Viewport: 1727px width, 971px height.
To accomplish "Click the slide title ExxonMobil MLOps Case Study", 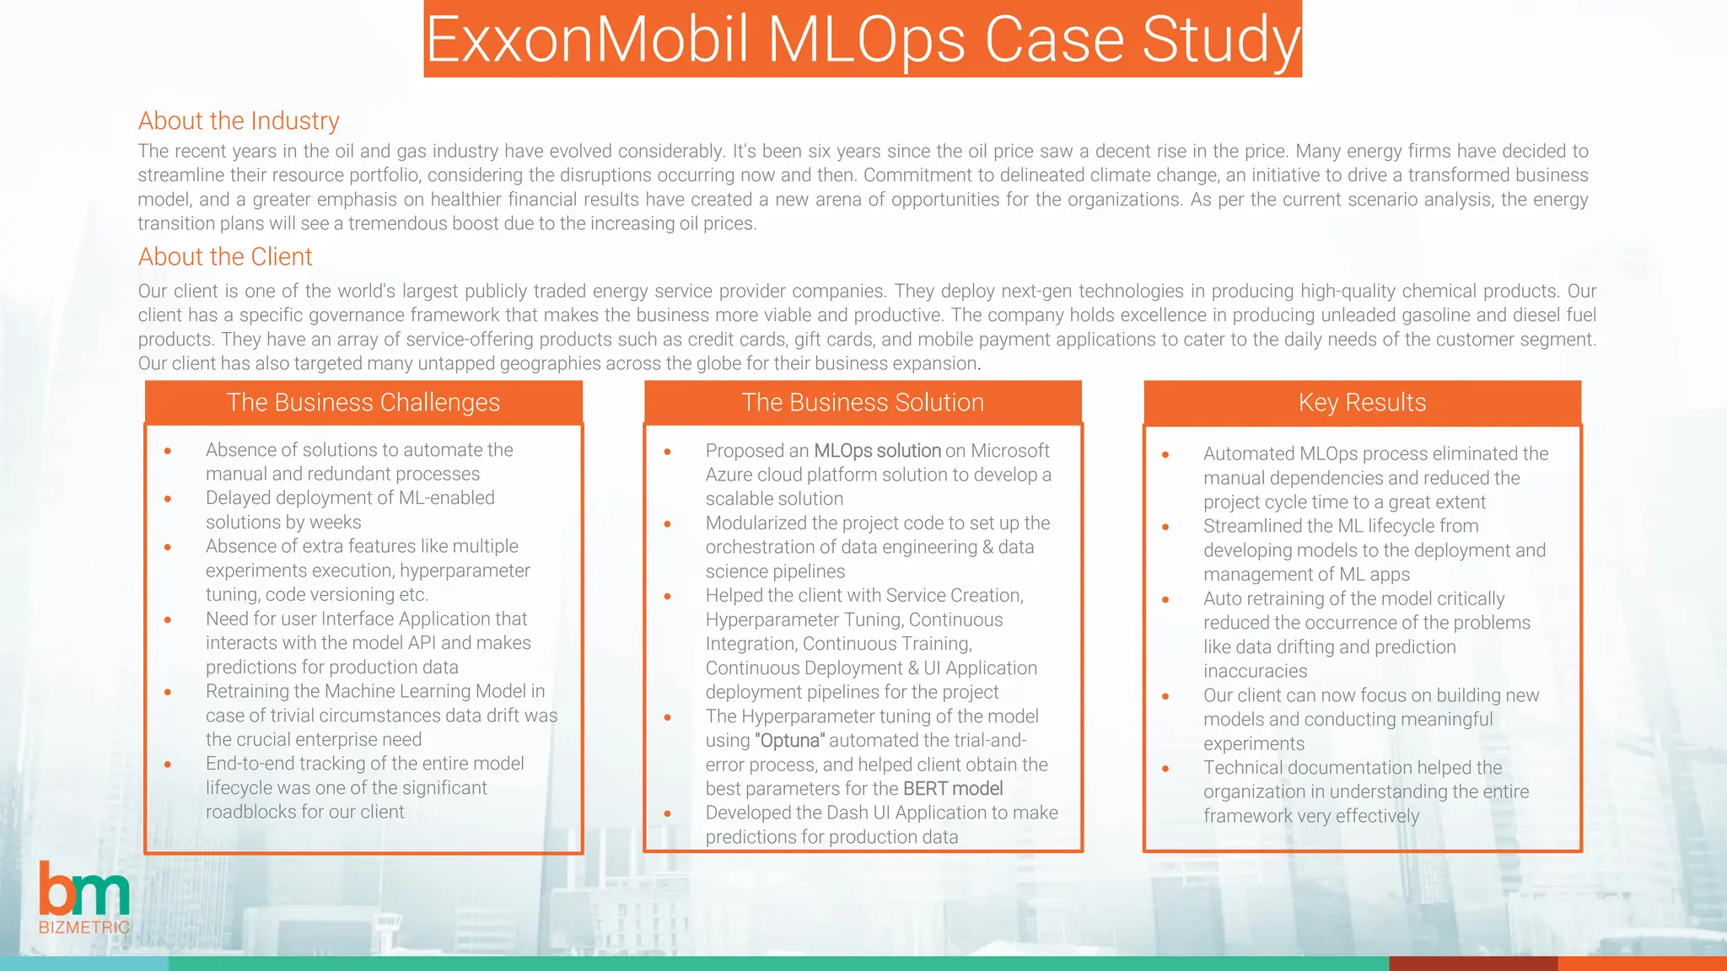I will [863, 40].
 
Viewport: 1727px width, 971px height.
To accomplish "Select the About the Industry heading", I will [239, 121].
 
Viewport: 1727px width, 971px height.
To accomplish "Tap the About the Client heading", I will [225, 256].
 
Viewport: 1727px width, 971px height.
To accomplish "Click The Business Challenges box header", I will [363, 402].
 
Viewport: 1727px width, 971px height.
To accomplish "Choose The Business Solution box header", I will [863, 402].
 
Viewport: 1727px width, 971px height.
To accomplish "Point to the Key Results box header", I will [1362, 402].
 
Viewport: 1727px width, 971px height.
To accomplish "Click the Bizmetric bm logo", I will [83, 889].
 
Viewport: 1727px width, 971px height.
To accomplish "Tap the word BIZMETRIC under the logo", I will [84, 927].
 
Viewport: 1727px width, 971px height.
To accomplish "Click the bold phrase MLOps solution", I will [877, 451].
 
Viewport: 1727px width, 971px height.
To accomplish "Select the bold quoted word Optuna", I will [790, 741].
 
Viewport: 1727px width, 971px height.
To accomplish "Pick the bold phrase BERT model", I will [953, 789].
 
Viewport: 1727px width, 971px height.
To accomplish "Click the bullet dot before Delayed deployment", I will [168, 499].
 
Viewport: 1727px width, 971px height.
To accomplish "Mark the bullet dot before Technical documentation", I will [1165, 769].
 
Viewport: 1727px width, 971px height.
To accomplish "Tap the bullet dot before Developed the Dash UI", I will [667, 814].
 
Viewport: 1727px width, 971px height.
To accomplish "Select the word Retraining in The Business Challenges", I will [250, 691].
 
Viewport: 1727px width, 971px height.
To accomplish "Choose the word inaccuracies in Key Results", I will [1255, 672].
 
